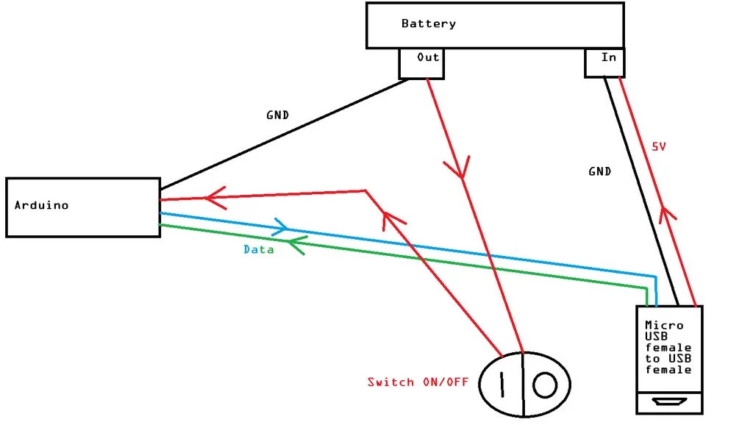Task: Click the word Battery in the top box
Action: coord(428,24)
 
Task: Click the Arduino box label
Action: coord(42,205)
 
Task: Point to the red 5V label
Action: coord(658,146)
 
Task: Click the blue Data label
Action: coord(258,249)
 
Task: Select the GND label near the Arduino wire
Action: coord(277,115)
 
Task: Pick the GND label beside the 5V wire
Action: coord(599,171)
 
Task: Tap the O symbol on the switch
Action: coord(545,385)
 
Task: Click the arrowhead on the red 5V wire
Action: coord(665,213)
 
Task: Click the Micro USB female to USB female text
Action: coord(668,347)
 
